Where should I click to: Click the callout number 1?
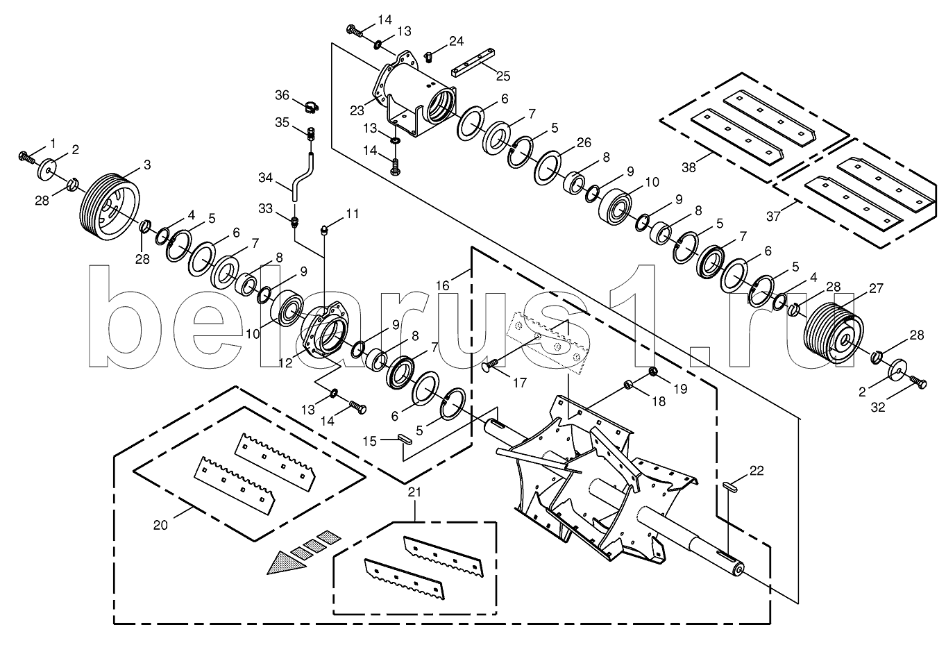53,144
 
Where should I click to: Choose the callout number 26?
584,142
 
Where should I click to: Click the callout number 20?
160,525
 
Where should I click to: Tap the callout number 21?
415,492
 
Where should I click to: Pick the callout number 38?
689,168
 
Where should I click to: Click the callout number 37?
773,217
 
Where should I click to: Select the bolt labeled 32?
918,383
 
